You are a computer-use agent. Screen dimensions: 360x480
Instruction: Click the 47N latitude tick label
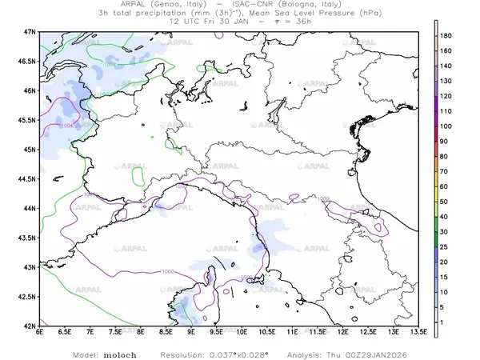pyautogui.click(x=28, y=31)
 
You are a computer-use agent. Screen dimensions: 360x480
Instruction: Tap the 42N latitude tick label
pyautogui.click(x=28, y=326)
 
